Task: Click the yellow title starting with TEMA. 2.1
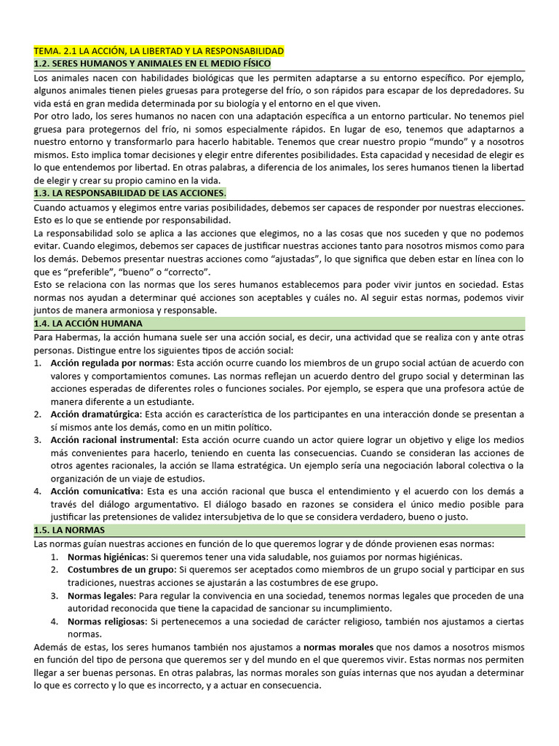(x=159, y=51)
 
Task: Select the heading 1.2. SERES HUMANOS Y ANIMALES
(x=152, y=64)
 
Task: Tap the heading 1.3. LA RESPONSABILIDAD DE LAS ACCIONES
(x=130, y=193)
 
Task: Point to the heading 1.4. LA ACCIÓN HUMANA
(x=88, y=323)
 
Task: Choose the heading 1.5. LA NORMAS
(x=70, y=530)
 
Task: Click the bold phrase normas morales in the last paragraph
(x=338, y=647)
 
